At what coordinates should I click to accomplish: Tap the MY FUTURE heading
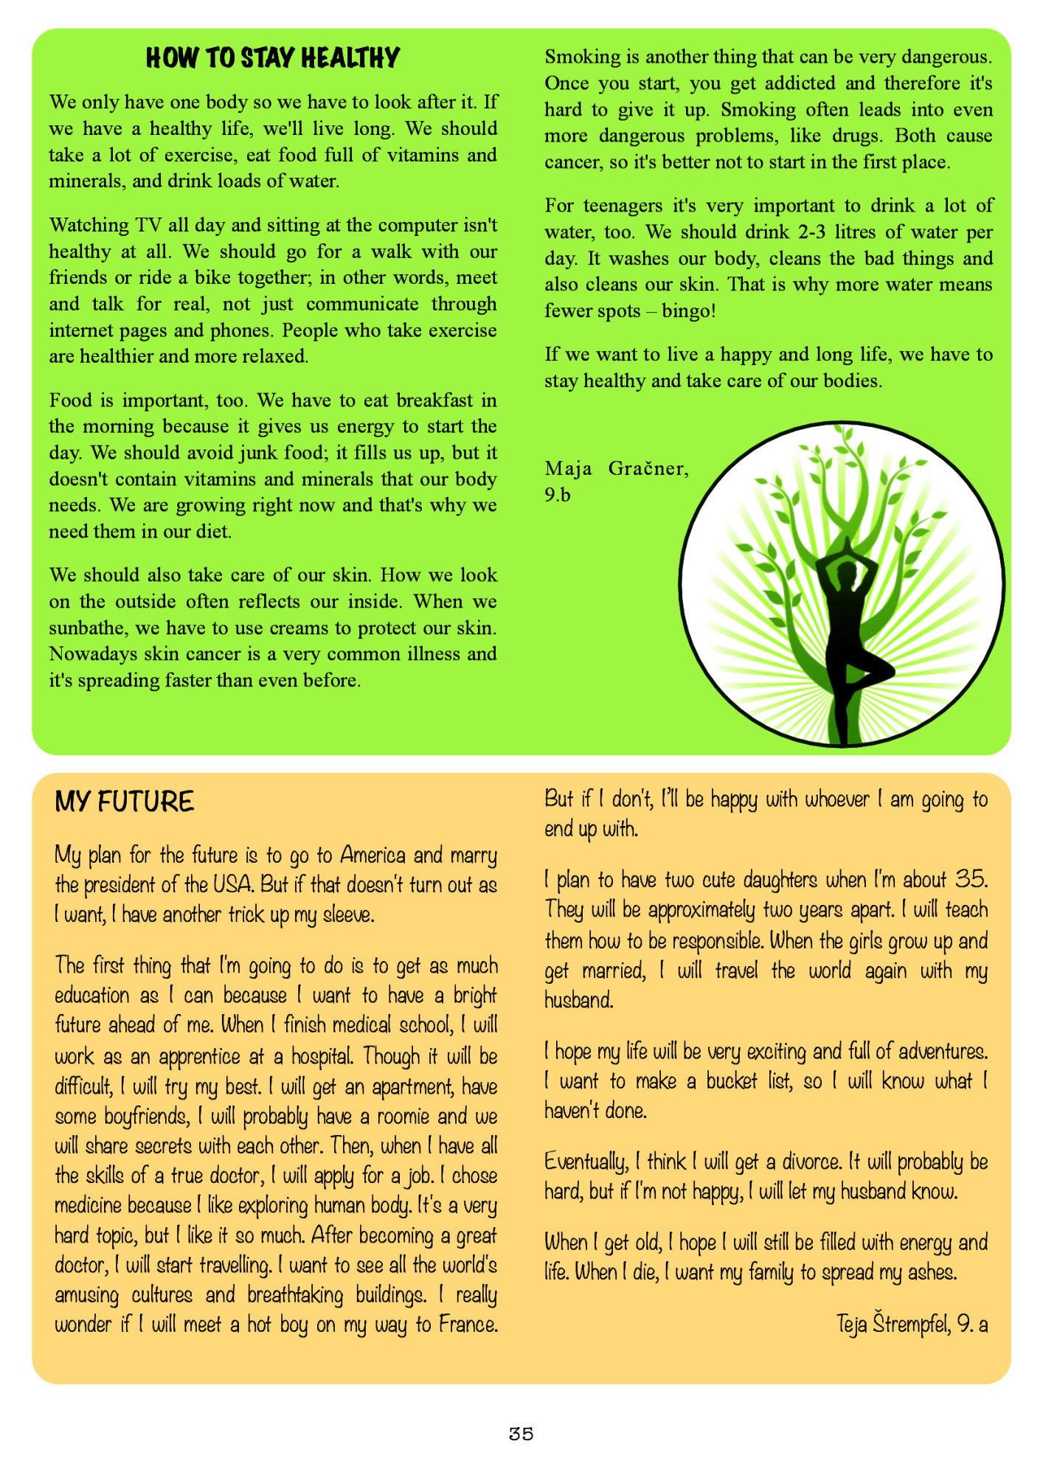pos(124,802)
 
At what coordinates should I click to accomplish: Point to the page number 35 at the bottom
pos(521,1433)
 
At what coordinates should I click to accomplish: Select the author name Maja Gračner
pos(617,468)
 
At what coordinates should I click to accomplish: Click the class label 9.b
pos(558,495)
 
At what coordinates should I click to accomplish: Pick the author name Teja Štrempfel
pos(893,1324)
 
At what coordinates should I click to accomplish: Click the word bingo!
pos(689,310)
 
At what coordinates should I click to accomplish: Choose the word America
pos(372,855)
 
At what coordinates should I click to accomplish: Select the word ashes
pos(932,1272)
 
